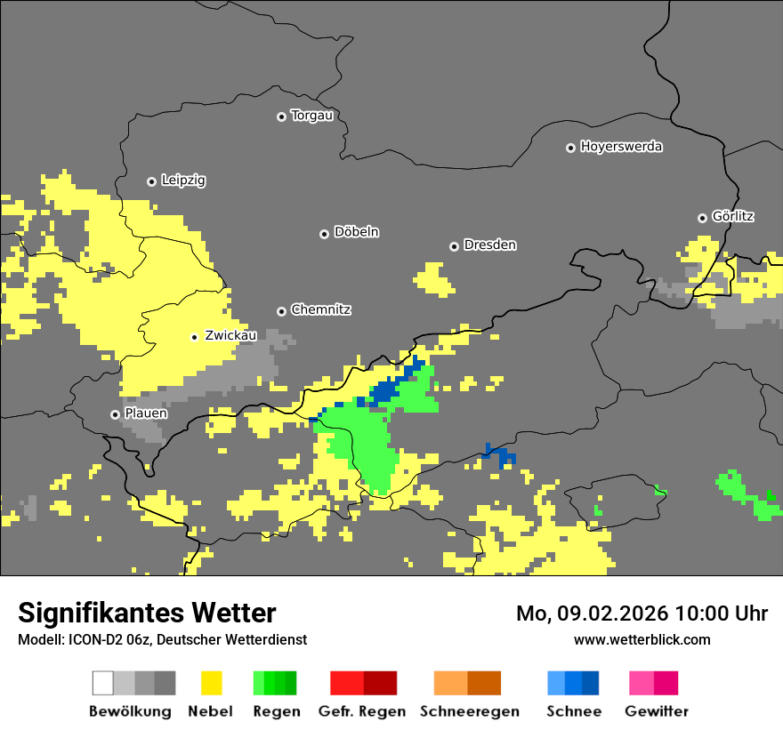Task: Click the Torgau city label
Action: click(311, 116)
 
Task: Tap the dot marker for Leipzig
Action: click(151, 181)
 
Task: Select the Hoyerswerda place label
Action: click(621, 147)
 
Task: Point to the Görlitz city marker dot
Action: click(702, 218)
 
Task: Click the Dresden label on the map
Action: click(489, 245)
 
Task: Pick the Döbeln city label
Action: click(356, 232)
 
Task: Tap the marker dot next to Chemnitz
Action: click(281, 311)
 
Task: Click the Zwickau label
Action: click(230, 335)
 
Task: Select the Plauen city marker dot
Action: click(115, 414)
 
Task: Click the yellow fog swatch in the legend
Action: click(211, 683)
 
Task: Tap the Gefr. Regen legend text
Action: click(361, 711)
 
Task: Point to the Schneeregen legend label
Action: click(469, 711)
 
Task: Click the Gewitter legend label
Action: click(656, 711)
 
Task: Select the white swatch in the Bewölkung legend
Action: click(103, 683)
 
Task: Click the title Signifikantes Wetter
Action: click(147, 613)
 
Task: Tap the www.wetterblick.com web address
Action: click(642, 639)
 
